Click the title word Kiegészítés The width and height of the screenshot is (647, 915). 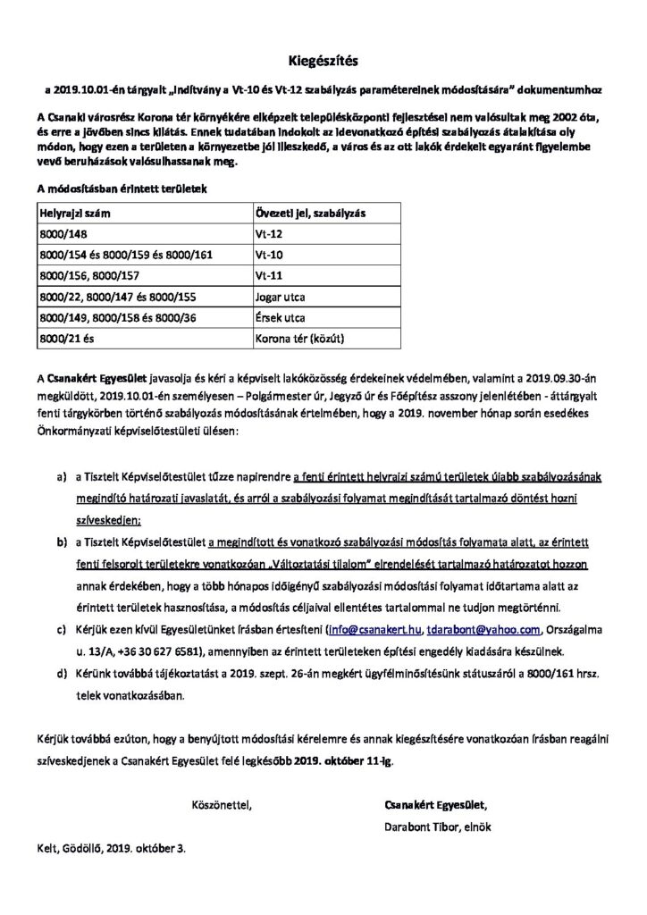coord(323,61)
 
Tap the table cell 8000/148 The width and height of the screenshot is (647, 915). coord(60,235)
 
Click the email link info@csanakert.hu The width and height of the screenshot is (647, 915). coord(375,629)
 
